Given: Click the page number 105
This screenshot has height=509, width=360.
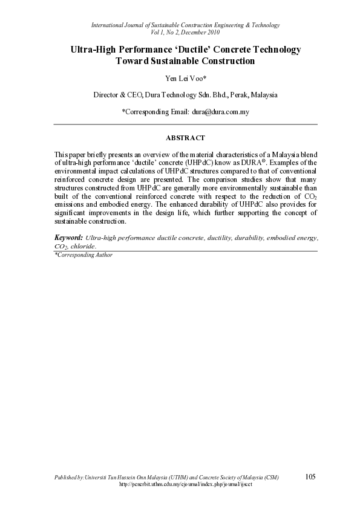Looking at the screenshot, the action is pos(310,477).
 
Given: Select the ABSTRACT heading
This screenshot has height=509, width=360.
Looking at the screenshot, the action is pos(185,138).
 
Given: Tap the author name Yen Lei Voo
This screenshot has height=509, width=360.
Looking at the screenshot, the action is pos(185,78).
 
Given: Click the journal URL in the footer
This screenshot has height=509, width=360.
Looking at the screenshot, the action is pos(185,485).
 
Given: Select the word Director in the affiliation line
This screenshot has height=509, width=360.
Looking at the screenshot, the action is pos(105,95).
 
